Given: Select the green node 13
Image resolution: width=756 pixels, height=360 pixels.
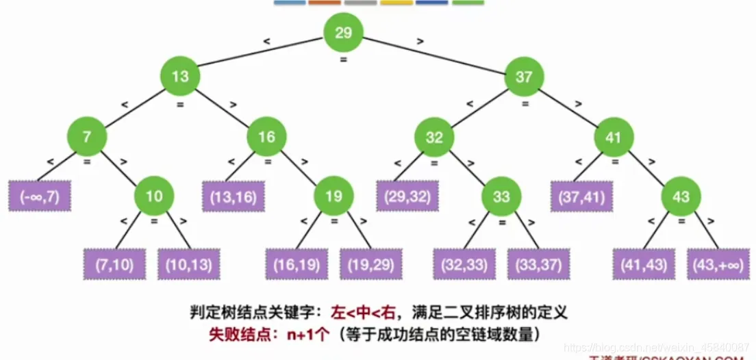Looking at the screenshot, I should pos(180,77).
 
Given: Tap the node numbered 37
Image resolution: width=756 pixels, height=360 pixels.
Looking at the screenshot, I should pos(524,77).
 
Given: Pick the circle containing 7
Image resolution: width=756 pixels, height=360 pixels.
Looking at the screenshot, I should pos(87,136).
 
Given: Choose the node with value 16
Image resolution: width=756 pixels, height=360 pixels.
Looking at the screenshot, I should pos(266,136).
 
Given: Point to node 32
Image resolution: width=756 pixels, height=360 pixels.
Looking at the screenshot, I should pos(434,136).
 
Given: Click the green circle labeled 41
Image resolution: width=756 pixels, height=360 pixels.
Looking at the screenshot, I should pos(613,136).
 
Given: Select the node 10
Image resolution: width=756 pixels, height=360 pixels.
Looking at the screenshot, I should pos(154,196).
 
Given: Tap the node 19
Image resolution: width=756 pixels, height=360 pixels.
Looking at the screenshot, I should pos(333,196).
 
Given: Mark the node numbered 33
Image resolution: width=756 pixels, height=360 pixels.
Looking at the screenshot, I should pos(501,196).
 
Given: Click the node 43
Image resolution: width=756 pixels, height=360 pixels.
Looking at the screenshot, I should pos(681,196).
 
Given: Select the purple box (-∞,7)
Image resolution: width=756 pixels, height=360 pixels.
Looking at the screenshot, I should pos(40,197).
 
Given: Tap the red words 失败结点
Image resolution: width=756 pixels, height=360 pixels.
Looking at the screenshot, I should pos(234,335).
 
